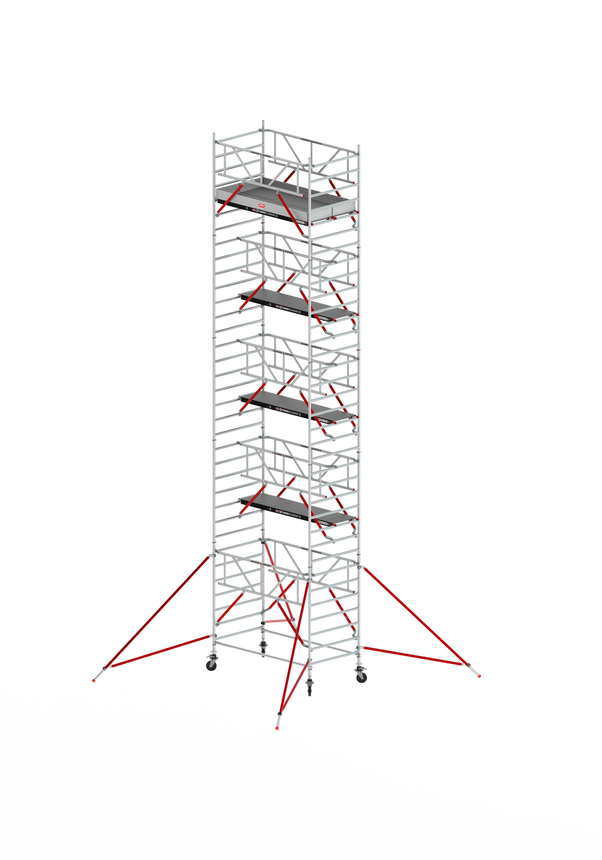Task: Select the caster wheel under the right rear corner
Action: (x=361, y=677)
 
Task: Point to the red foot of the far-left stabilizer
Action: (x=94, y=681)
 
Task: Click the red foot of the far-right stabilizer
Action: (x=480, y=676)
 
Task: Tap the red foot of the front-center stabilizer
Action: (x=276, y=727)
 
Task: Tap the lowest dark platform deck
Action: (x=296, y=508)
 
